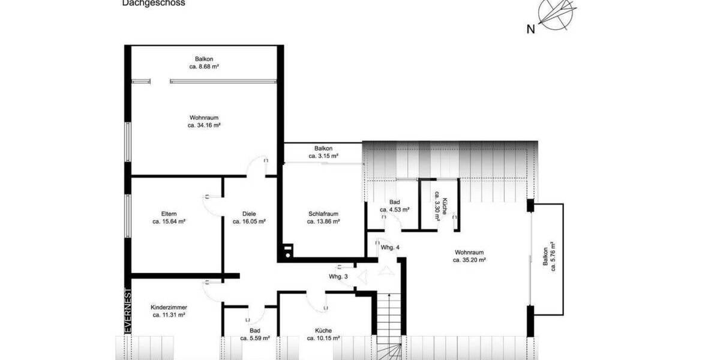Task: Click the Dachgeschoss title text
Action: coord(154,3)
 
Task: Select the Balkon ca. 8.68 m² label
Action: coord(204,63)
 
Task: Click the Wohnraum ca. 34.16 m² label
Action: coord(204,122)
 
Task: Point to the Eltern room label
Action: coord(169,217)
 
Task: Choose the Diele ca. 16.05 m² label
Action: coord(249,217)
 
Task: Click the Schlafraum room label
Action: coord(323,217)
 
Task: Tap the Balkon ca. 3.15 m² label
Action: coord(323,152)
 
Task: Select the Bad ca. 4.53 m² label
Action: coord(394,206)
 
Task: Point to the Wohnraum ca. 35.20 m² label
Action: coord(469,256)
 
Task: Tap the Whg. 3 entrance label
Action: coord(338,277)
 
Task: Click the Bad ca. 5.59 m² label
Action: coord(255,334)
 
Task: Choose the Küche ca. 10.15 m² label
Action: coord(323,334)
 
